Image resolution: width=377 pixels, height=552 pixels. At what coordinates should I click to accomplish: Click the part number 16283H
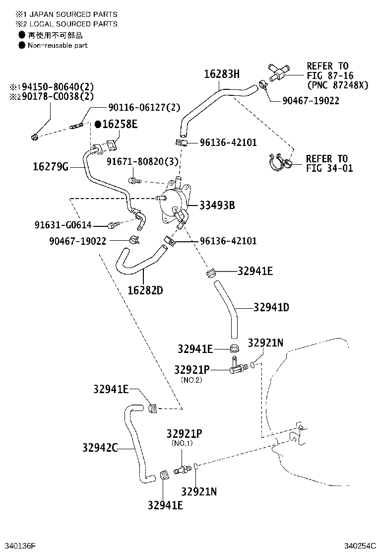click(222, 74)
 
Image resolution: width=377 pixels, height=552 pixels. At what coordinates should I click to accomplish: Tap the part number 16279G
click(50, 167)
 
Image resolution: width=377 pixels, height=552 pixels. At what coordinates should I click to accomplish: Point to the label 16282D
click(145, 290)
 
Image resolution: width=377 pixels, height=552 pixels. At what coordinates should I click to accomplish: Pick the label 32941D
click(271, 307)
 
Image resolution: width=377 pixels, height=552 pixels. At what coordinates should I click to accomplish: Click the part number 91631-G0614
click(63, 225)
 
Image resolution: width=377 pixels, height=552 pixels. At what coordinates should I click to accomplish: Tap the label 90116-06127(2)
click(144, 107)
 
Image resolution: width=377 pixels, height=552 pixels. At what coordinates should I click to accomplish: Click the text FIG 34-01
click(329, 168)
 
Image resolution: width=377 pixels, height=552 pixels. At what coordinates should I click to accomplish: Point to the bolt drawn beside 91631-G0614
click(113, 226)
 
